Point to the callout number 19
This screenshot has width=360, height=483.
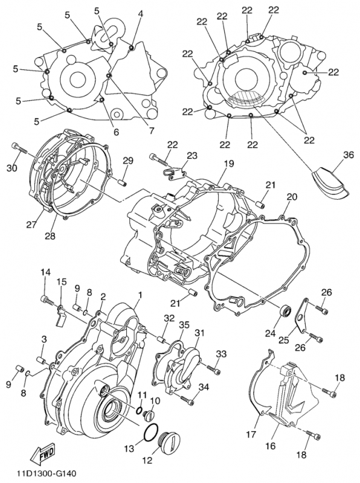[229, 164]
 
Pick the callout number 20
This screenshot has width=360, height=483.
[292, 197]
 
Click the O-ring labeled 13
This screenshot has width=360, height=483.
[152, 433]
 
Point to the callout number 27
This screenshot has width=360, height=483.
[31, 225]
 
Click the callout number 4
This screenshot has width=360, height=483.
[140, 13]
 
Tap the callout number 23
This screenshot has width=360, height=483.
[191, 156]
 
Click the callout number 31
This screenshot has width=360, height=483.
[199, 333]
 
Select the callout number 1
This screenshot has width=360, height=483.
[140, 295]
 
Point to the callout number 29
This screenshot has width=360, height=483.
[128, 160]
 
